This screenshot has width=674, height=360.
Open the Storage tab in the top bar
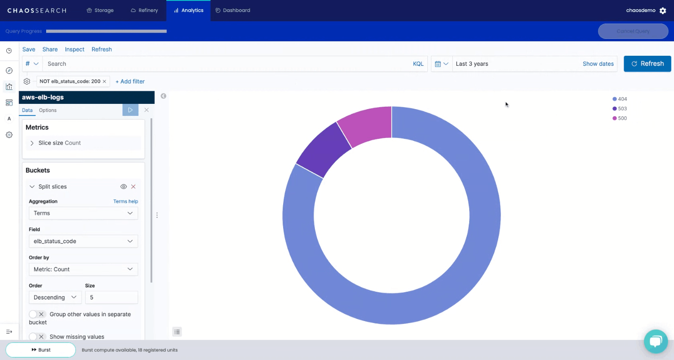point(100,10)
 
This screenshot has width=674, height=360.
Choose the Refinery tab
point(144,10)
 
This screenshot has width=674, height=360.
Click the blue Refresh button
point(647,63)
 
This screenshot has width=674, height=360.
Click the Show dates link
point(598,64)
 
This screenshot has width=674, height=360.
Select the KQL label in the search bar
point(418,64)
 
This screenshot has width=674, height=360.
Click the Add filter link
point(130,82)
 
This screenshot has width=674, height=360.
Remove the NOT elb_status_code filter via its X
point(104,82)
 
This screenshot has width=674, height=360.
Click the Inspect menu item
point(75,50)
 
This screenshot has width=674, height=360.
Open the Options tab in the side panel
point(48,111)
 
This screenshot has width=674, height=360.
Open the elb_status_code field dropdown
point(83,241)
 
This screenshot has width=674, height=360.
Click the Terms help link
point(125,201)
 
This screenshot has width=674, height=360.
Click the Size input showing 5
point(111,298)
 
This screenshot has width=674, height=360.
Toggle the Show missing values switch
point(37,337)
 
